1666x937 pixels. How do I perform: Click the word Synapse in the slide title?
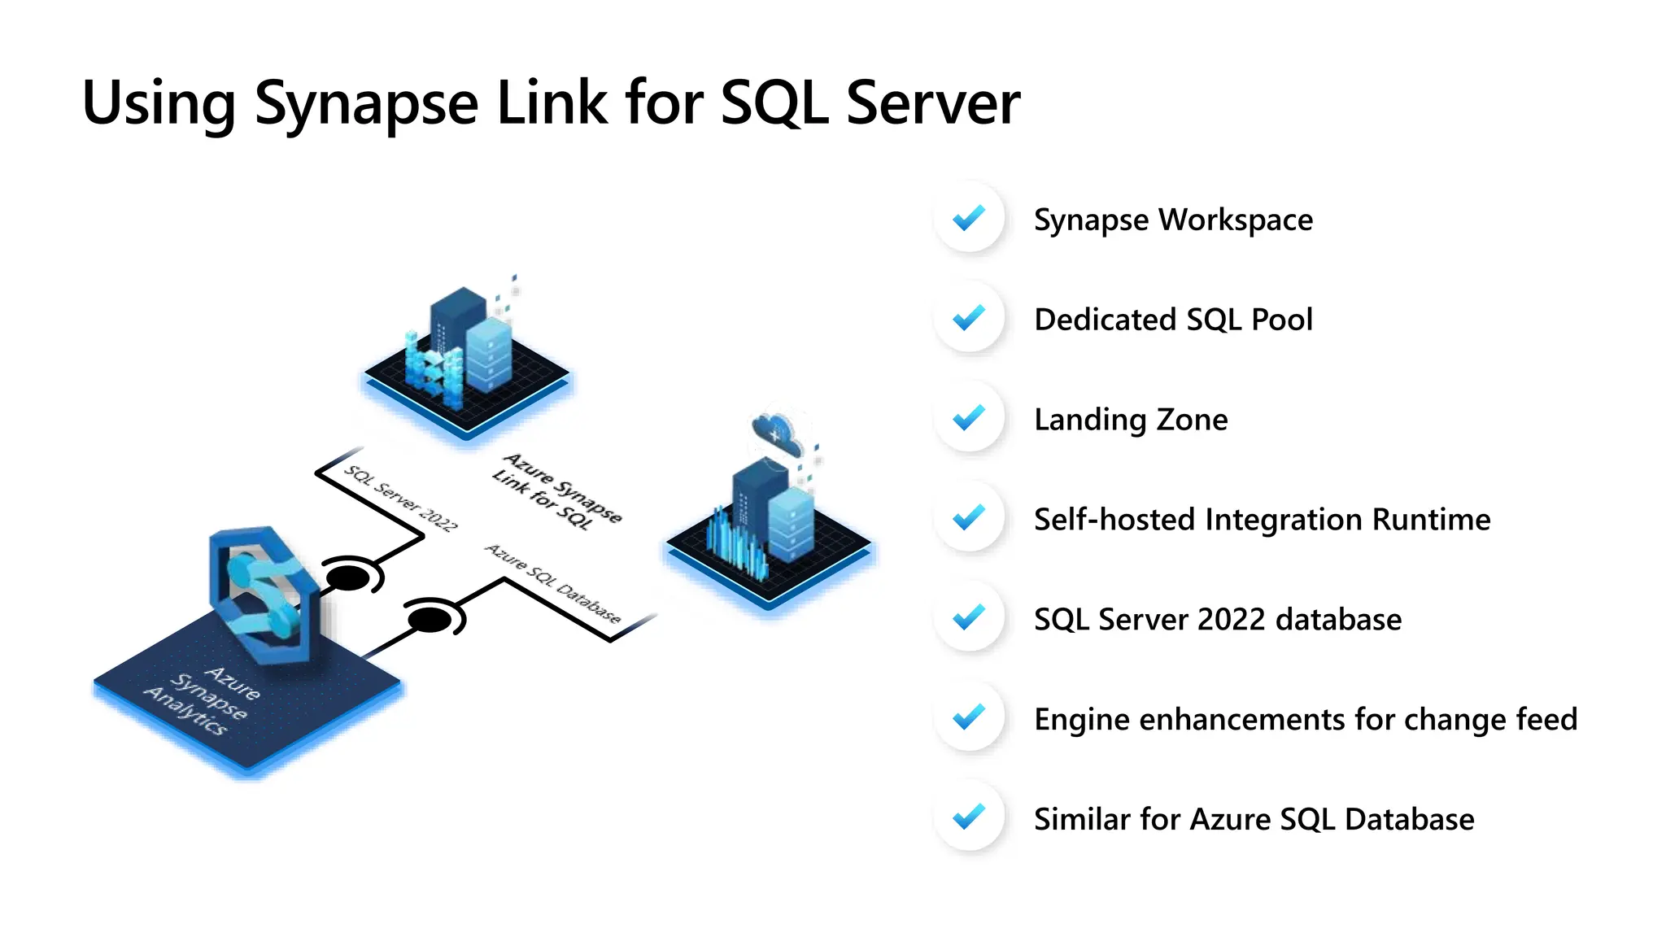[x=366, y=104]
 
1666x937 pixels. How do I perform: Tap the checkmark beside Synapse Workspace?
[x=969, y=218]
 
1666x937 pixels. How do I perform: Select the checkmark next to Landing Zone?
[x=969, y=418]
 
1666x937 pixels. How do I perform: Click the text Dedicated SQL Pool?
[x=1173, y=319]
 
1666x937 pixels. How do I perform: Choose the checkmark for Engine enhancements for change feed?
[x=969, y=717]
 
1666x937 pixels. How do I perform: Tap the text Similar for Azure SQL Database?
[x=1254, y=819]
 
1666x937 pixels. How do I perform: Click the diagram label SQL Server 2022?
[x=400, y=498]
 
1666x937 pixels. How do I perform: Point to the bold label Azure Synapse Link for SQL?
[x=557, y=490]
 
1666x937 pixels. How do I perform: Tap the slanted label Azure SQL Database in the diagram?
[x=553, y=583]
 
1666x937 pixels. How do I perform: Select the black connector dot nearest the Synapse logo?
[x=347, y=578]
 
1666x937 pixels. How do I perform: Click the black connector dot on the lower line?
[x=429, y=621]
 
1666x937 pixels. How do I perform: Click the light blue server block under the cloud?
[x=791, y=525]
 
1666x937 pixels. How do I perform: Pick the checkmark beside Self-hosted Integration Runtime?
[x=969, y=517]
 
